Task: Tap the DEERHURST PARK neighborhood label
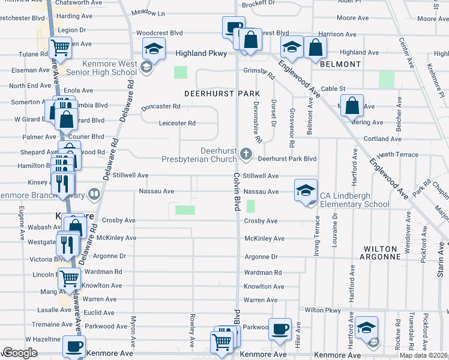click(222, 94)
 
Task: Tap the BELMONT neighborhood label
click(340, 64)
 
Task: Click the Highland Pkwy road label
click(201, 53)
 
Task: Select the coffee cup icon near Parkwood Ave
click(280, 329)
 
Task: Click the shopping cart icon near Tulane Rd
click(60, 47)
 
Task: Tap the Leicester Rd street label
click(177, 124)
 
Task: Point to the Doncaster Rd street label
click(161, 107)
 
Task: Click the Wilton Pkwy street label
click(323, 310)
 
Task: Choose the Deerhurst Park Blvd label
click(287, 159)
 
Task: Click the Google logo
click(20, 352)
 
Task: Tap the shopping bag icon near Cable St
click(354, 106)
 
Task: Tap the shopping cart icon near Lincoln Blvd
click(70, 278)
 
